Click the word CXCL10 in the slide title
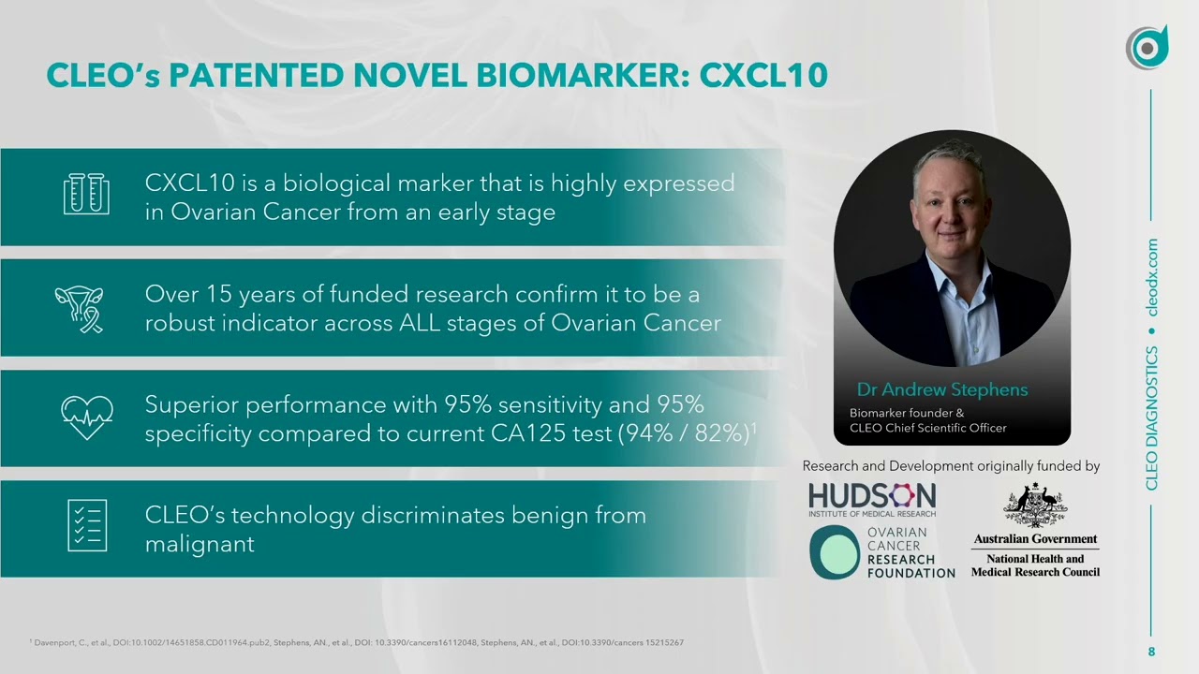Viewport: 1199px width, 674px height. coord(763,75)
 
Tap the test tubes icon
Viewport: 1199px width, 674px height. coord(86,195)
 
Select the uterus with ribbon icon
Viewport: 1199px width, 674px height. coord(80,309)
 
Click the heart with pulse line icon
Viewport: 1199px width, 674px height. coord(86,417)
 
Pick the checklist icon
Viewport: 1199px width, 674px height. coord(87,525)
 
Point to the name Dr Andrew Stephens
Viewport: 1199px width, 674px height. coord(942,389)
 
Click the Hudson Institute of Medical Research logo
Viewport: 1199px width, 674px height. coord(872,500)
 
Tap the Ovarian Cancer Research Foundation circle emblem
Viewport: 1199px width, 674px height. coord(835,551)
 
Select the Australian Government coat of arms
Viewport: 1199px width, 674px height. coord(1035,505)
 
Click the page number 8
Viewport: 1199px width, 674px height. coord(1152,652)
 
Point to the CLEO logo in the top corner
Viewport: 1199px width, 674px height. coord(1147,48)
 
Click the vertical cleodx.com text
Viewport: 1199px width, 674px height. coord(1152,277)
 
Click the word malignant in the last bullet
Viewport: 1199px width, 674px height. coord(200,544)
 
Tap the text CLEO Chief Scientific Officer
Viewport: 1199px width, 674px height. coord(928,428)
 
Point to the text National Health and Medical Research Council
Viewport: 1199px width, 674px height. coord(1035,565)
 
